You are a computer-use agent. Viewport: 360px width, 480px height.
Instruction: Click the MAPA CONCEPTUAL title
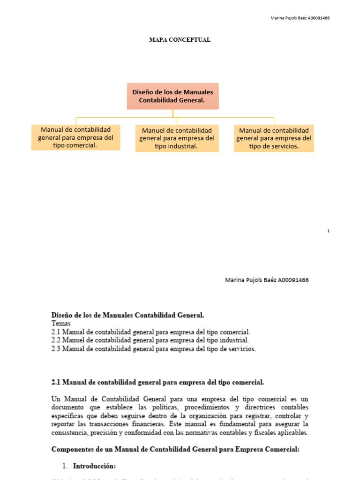click(180, 40)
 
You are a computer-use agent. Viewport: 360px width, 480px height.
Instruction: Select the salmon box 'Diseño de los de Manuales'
click(172, 96)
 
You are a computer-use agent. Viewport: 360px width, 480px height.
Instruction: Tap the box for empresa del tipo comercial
click(75, 137)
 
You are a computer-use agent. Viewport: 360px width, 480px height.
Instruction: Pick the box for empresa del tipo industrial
click(177, 138)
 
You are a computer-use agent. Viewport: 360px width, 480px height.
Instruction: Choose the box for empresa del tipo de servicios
click(274, 138)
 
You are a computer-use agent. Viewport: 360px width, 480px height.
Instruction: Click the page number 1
click(329, 231)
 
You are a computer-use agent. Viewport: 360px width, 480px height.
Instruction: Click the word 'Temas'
click(61, 323)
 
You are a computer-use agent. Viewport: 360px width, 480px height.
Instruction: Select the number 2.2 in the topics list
click(56, 340)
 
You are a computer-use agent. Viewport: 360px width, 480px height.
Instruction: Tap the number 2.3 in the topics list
click(56, 349)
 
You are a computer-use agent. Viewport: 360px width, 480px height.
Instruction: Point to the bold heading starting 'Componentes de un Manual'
click(175, 449)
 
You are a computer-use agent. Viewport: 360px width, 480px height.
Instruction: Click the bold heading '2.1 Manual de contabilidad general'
click(157, 382)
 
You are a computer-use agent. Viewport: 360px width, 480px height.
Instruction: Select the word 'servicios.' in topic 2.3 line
click(241, 349)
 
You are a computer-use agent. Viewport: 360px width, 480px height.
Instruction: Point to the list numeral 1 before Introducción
click(64, 466)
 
